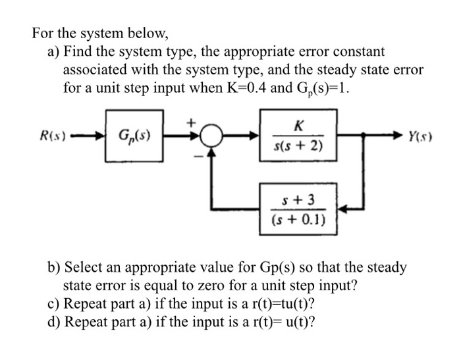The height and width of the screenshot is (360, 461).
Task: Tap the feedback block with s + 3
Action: [299, 209]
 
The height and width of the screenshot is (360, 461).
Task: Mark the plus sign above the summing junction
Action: [193, 122]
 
